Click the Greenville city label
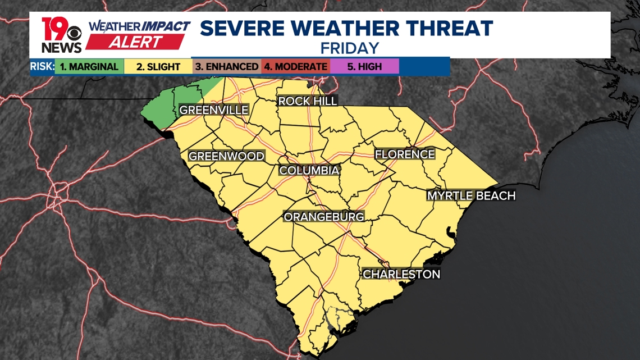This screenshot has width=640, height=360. pos(213,110)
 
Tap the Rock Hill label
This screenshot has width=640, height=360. pos(308,101)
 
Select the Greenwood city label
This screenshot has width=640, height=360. pos(226,156)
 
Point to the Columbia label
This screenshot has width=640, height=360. pos(309,170)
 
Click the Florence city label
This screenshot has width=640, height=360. pos(405,154)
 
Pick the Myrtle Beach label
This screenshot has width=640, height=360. pos(471,195)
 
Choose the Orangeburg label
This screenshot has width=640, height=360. pos(324,216)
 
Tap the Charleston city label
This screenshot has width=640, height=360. pos(401,274)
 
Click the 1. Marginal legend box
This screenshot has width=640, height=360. pos(89,66)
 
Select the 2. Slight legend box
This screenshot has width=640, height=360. pos(158,66)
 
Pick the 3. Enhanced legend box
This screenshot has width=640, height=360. pos(226,66)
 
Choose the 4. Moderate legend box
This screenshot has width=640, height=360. pos(296,66)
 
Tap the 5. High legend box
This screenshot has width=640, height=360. pos(364,66)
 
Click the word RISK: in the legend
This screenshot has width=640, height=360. pos(42,66)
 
